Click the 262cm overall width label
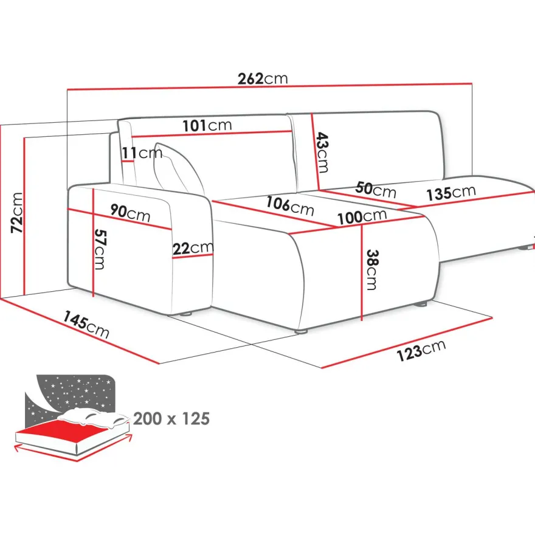click(263, 78)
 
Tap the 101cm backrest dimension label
click(207, 125)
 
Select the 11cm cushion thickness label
click(142, 153)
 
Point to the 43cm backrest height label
click(322, 153)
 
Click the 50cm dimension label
click(376, 189)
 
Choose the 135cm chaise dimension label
click(451, 193)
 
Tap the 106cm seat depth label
click(290, 205)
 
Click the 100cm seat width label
click(362, 217)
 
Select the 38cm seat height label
click(372, 270)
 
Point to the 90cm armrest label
click(130, 213)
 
